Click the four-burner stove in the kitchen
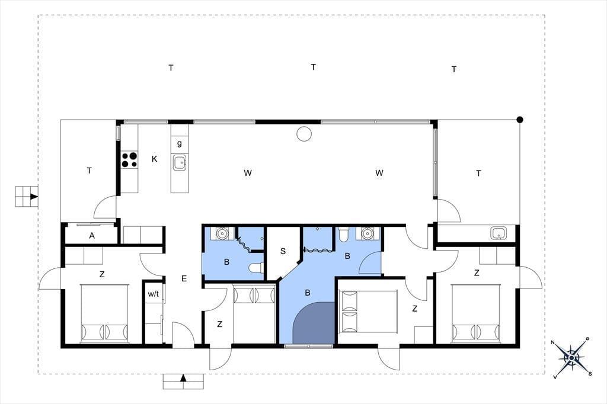tap(130, 160)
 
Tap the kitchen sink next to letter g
tap(180, 162)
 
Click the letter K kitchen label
tap(155, 159)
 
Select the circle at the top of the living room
tap(304, 134)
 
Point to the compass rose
tap(572, 357)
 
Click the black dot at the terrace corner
tap(520, 120)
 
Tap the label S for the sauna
tap(283, 251)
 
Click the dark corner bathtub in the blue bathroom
tap(314, 323)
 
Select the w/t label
tap(154, 294)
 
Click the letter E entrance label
tap(184, 278)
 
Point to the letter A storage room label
tap(92, 236)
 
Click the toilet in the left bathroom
tap(256, 267)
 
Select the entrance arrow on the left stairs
tap(34, 196)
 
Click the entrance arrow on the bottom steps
tap(184, 378)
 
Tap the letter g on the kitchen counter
tap(180, 143)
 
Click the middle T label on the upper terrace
tap(313, 67)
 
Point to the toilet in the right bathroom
tap(344, 235)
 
